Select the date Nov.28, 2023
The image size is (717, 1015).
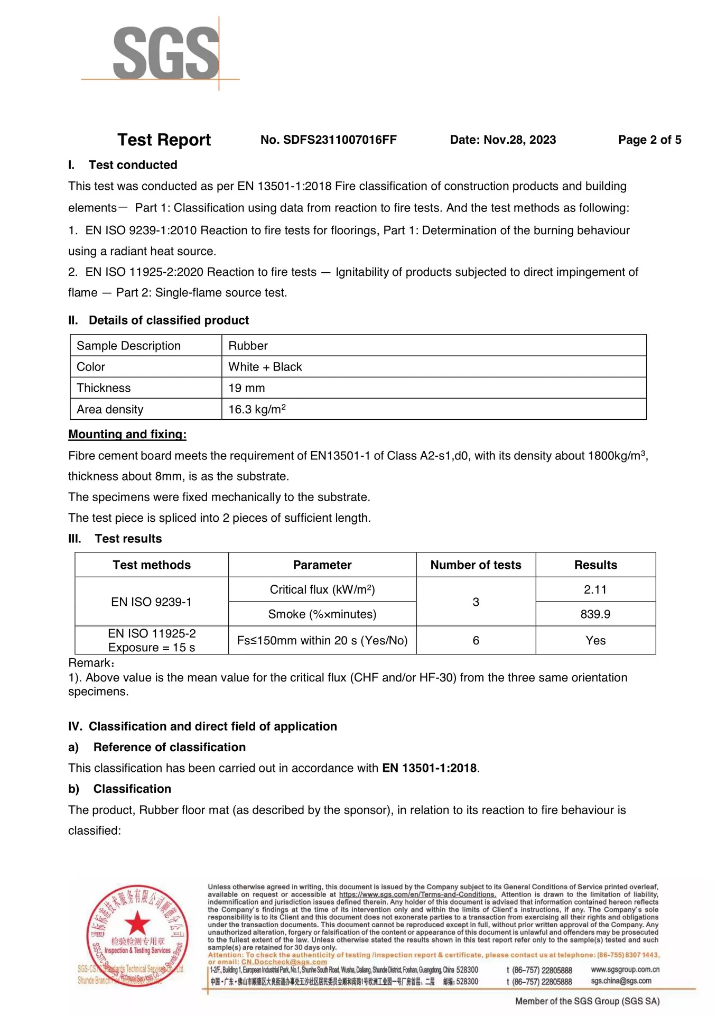pyautogui.click(x=519, y=140)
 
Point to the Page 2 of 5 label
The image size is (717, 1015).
pyautogui.click(x=649, y=140)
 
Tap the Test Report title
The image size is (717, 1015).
pyautogui.click(x=164, y=140)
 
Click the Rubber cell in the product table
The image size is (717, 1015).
pyautogui.click(x=248, y=346)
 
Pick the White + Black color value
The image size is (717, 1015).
pyautogui.click(x=265, y=367)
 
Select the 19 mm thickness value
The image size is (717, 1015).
pyautogui.click(x=247, y=388)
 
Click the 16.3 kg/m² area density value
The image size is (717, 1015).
pyautogui.click(x=257, y=409)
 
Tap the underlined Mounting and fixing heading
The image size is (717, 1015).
pyautogui.click(x=127, y=435)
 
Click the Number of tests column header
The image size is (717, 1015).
pyautogui.click(x=476, y=565)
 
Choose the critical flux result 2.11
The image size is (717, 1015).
pyautogui.click(x=595, y=589)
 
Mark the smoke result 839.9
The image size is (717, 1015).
pyautogui.click(x=595, y=614)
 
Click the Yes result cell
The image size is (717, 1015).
pyautogui.click(x=595, y=641)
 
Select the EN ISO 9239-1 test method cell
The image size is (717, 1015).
pyautogui.click(x=152, y=602)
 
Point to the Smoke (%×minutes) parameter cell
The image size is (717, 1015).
pyautogui.click(x=322, y=614)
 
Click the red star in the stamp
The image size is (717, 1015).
pyautogui.click(x=137, y=923)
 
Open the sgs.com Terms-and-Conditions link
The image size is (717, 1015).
pyautogui.click(x=417, y=894)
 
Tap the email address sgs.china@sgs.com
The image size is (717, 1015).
pyautogui.click(x=621, y=981)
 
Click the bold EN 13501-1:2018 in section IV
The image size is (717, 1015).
pyautogui.click(x=429, y=768)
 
